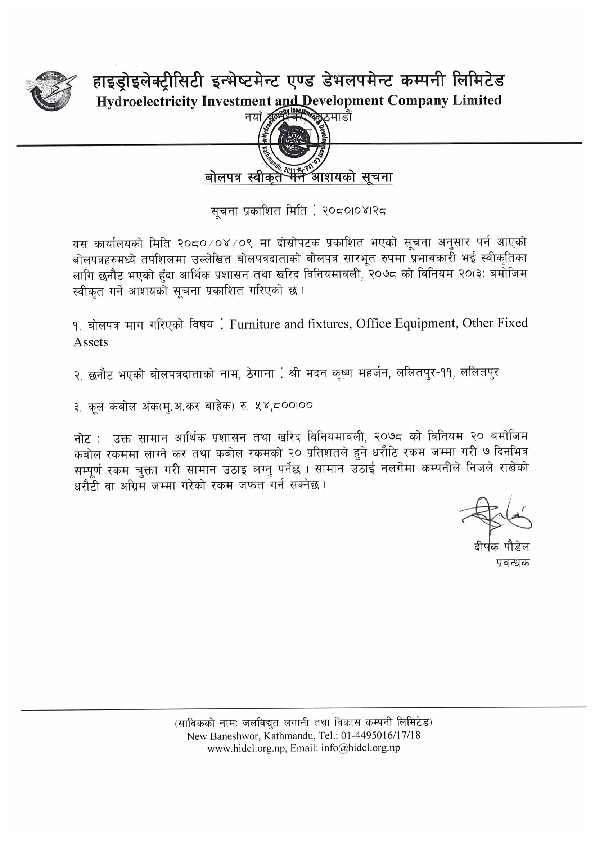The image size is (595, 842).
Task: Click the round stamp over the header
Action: point(294,140)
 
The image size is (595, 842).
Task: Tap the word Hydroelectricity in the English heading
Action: point(147,101)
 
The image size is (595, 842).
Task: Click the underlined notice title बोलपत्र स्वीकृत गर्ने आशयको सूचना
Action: point(298,178)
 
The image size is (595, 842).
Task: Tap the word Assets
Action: point(91,342)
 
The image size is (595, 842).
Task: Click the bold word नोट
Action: point(82,438)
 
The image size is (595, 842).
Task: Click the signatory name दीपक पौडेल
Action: point(501,547)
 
